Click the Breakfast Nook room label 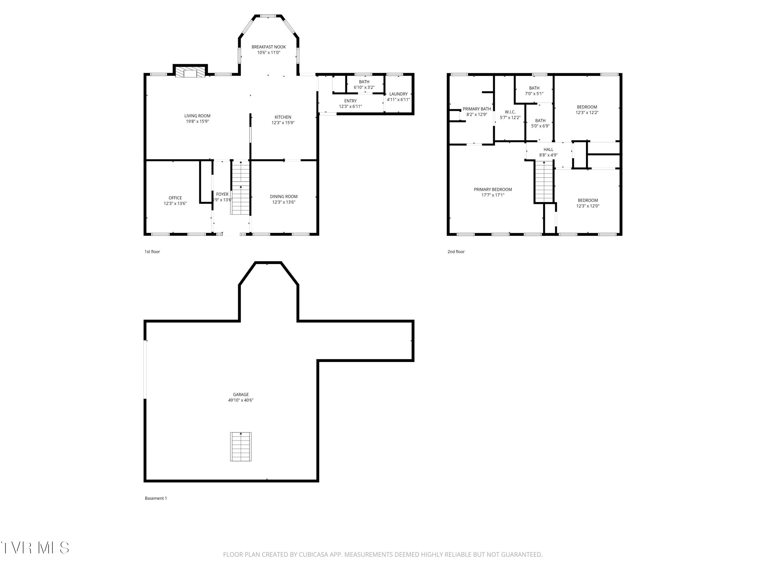coord(268,47)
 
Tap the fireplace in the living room coord(190,72)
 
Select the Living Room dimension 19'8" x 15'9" coord(197,121)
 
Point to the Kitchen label coord(283,117)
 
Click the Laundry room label coord(398,94)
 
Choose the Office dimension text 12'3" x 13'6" coord(175,203)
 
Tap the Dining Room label coord(284,196)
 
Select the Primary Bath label coord(477,109)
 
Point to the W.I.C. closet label coord(510,112)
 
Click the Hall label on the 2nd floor coord(548,149)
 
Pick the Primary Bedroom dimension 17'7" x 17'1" coord(493,195)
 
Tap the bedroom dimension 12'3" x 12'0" coord(588,206)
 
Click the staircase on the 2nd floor coord(544,182)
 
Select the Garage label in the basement coord(241,394)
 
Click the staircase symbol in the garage coord(241,447)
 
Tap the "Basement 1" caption coord(156,498)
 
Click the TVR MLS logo coord(35,548)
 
